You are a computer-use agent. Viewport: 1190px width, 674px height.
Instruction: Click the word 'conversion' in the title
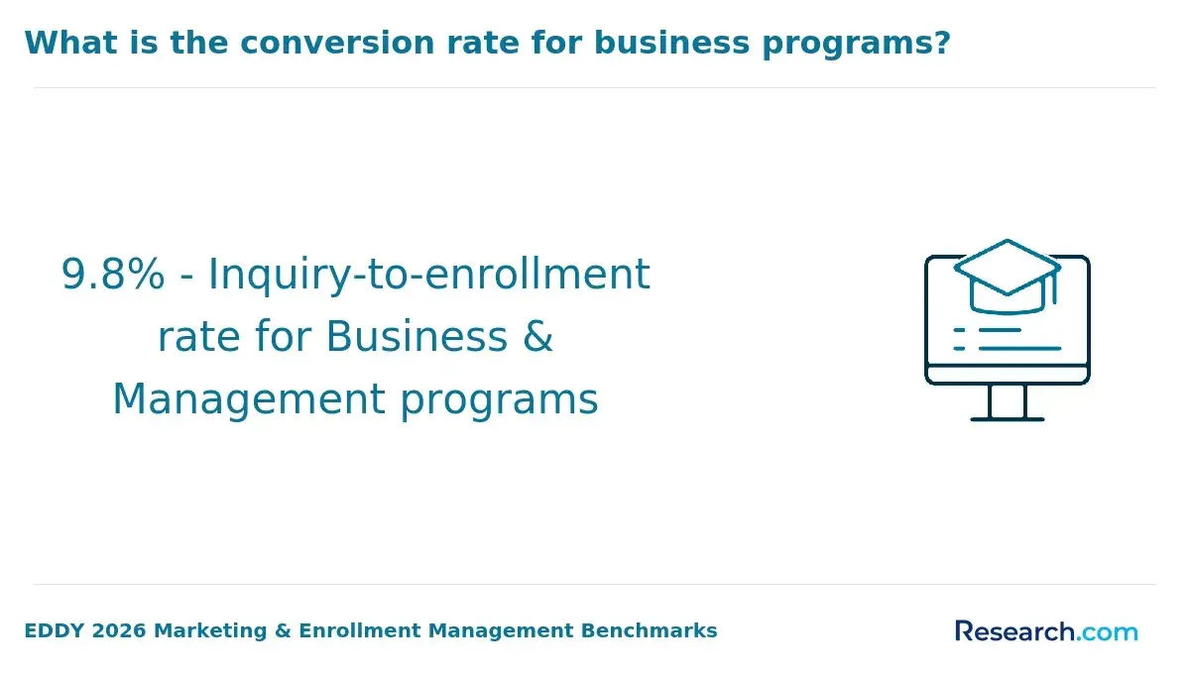click(x=337, y=43)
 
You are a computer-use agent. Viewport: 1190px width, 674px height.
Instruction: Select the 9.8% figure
click(x=113, y=275)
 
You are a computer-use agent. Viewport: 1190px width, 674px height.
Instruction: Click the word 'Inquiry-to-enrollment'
click(x=429, y=277)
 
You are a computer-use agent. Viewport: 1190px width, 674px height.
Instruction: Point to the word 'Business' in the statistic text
click(x=416, y=337)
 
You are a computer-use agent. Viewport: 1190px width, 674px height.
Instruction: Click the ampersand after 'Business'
click(x=538, y=337)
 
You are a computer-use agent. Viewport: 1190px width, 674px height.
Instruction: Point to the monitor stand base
click(x=1008, y=419)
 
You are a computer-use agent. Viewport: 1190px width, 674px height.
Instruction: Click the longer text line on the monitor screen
click(x=1020, y=349)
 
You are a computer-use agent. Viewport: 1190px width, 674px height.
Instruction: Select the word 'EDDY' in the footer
click(x=55, y=631)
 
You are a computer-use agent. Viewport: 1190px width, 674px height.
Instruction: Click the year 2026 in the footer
click(x=119, y=631)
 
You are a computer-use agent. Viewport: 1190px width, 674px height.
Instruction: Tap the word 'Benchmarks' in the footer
click(x=650, y=631)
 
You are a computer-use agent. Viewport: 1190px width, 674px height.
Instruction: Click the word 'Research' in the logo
click(x=1015, y=631)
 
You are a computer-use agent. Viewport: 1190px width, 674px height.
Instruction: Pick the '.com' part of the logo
click(x=1108, y=633)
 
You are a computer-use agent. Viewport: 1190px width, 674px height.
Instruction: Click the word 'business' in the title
click(x=672, y=43)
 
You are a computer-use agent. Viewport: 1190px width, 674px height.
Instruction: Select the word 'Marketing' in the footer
click(x=210, y=632)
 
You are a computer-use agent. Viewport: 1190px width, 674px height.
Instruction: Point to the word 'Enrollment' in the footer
click(x=360, y=631)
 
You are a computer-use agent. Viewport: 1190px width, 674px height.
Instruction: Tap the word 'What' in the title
click(x=70, y=43)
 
